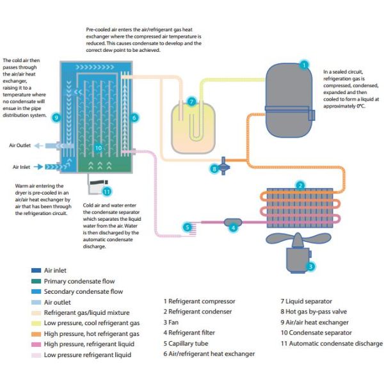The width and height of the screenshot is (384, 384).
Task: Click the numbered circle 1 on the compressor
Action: (x=304, y=64)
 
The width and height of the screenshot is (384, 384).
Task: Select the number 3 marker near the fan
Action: (x=310, y=266)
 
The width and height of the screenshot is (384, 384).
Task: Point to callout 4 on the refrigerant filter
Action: (x=233, y=227)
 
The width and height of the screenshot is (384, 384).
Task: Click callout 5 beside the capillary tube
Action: (x=187, y=227)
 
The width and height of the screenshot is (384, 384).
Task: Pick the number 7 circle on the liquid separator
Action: (x=191, y=102)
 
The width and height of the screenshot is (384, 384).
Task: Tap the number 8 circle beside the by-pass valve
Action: (x=214, y=169)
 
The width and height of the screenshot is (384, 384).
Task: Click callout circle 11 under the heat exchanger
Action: (x=107, y=191)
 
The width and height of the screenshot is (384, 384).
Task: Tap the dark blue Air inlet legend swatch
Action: (x=35, y=270)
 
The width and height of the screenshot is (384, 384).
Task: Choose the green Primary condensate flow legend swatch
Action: (x=35, y=281)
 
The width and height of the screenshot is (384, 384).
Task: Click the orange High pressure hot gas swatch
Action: (x=35, y=334)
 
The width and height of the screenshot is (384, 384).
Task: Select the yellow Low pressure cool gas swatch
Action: (x=35, y=323)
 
